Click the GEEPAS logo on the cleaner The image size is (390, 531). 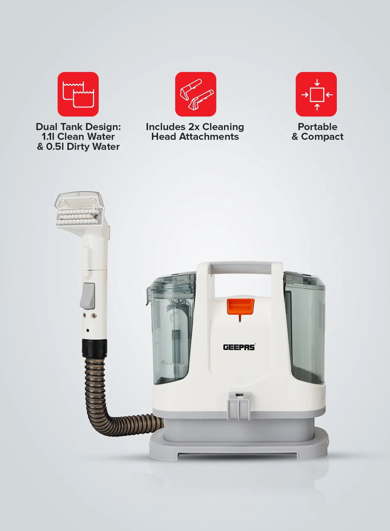point(239,347)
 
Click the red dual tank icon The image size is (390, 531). point(78,94)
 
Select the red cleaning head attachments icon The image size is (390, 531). point(196,94)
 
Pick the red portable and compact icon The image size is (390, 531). point(316,94)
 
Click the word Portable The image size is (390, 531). point(318,127)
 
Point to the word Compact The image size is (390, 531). point(322,137)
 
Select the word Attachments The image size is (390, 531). point(209,137)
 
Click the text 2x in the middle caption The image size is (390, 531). point(194,127)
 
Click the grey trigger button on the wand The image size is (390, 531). point(87,296)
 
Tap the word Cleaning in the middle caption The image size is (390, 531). point(223,127)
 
